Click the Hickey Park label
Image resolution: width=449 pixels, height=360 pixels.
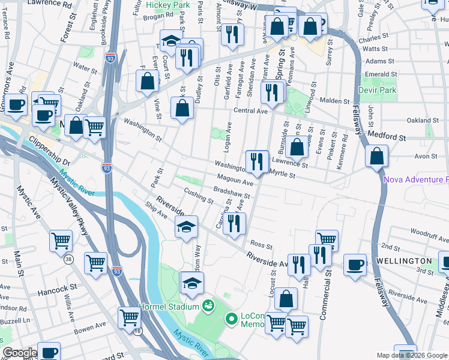[x=171, y=5]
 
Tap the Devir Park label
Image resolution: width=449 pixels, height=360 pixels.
[x=377, y=90]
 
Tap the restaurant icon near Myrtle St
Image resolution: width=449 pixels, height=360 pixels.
[x=257, y=161]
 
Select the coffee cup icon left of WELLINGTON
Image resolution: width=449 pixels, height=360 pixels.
[x=356, y=263]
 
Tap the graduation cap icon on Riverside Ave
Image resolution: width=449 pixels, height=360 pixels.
[x=187, y=227]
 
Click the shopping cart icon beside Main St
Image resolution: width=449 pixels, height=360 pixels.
[x=61, y=241]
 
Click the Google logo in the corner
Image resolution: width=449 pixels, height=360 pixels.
[x=20, y=353]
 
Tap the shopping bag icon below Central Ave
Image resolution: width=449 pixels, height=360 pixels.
[x=182, y=109]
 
